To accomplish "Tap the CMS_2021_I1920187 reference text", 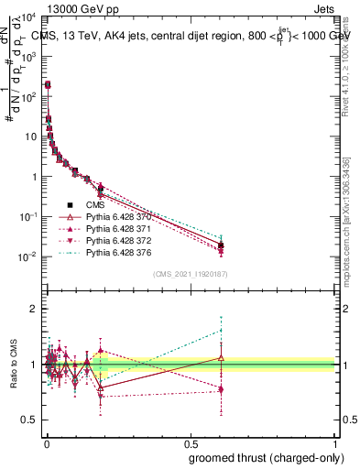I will pos(189,273).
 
